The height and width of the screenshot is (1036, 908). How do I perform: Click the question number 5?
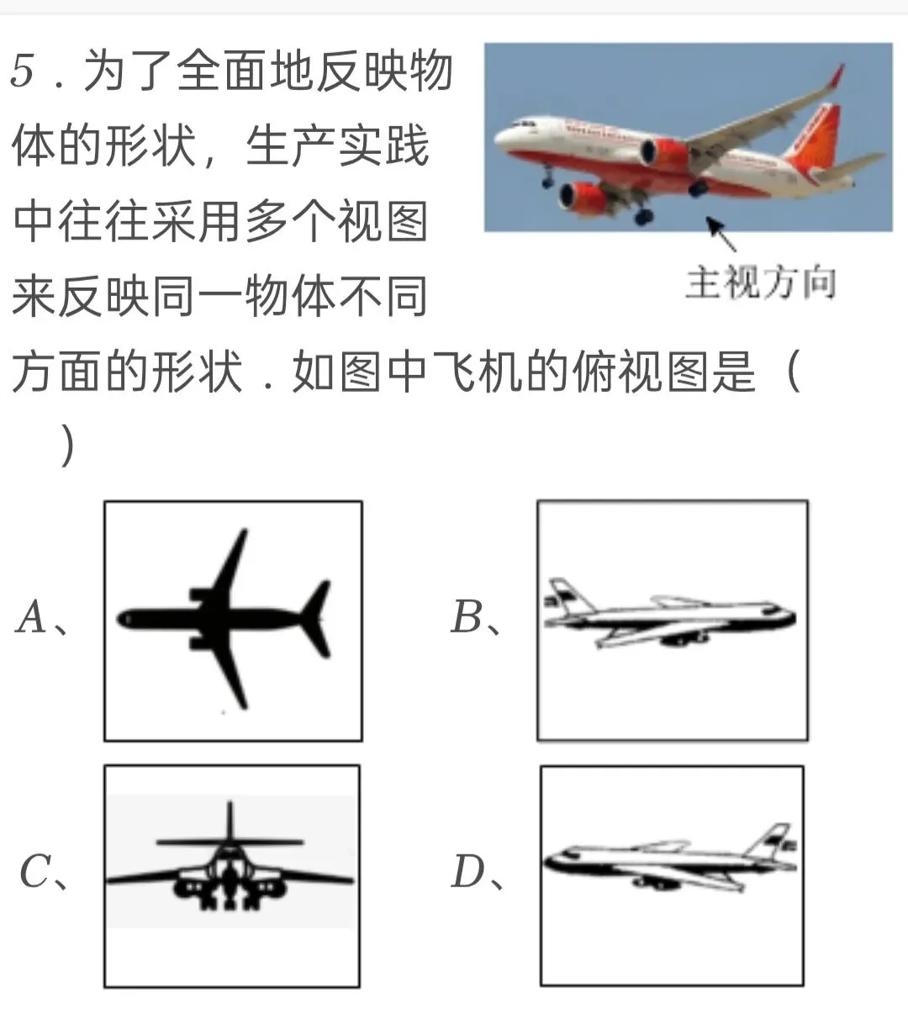[x=23, y=71]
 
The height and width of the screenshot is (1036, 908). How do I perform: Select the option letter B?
[x=466, y=616]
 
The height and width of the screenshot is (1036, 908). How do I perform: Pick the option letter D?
[x=467, y=871]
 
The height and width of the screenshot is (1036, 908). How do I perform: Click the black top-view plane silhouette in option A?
[x=224, y=619]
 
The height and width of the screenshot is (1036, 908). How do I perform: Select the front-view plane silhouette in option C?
[x=230, y=864]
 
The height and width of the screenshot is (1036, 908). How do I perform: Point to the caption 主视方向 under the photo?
[x=761, y=282]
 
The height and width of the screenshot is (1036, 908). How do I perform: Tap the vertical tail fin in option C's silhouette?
[x=230, y=820]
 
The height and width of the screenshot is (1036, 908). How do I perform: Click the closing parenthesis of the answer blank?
[x=67, y=446]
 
